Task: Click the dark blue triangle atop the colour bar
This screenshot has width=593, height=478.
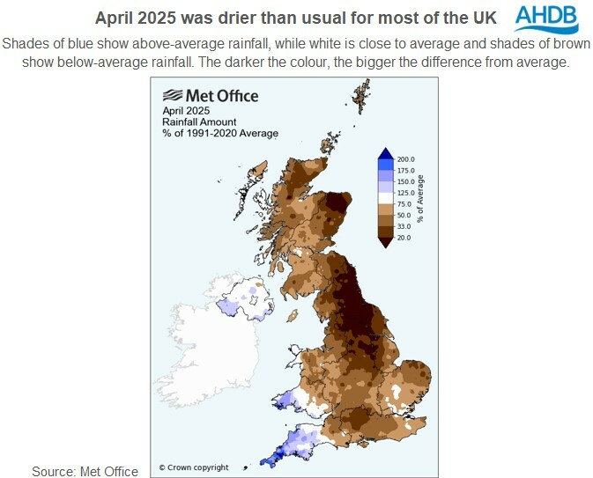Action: [385, 153]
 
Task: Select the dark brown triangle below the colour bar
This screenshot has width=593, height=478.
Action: [385, 243]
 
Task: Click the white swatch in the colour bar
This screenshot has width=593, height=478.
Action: [385, 197]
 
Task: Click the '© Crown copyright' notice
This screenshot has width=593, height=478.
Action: [193, 467]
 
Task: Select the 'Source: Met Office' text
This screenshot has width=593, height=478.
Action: [85, 471]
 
